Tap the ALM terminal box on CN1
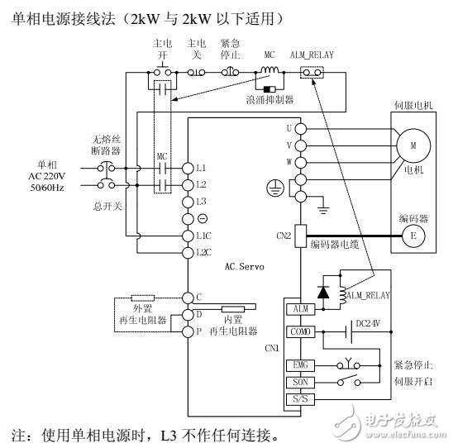coord(298,308)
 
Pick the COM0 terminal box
coord(298,332)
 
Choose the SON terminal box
coord(298,383)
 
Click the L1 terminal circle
coord(188,167)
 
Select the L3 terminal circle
coord(188,201)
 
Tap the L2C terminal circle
coord(188,250)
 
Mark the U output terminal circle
coord(300,128)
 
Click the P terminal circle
coord(188,331)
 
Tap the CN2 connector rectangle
coord(300,234)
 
